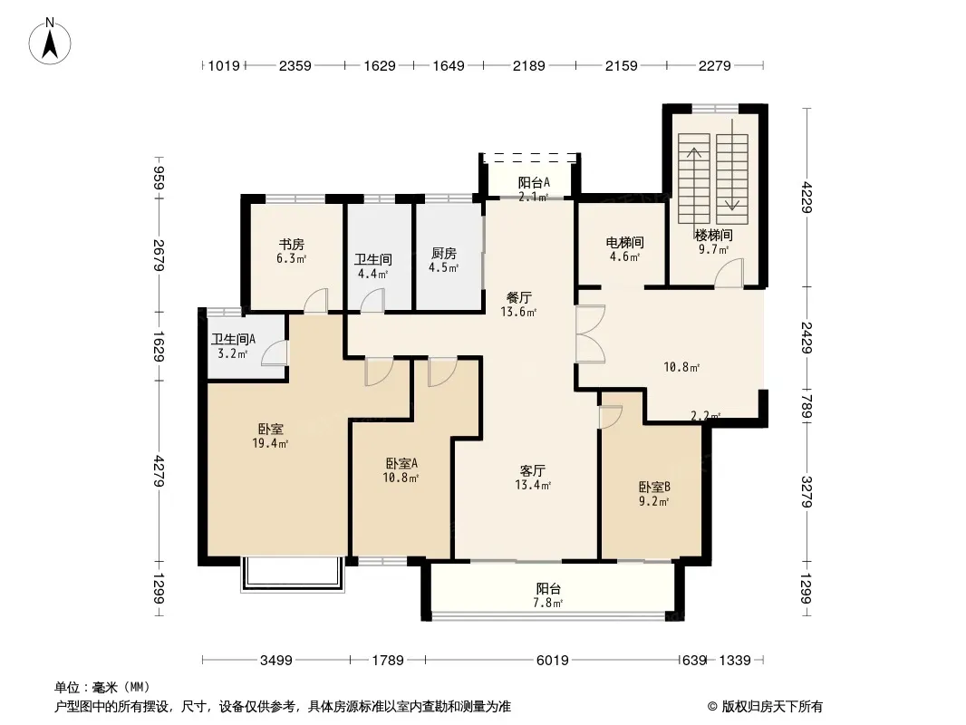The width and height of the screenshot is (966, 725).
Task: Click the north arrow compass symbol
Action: [50, 41]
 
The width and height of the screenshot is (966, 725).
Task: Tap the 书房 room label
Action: [292, 245]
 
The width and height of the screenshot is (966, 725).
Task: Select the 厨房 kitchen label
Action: [443, 253]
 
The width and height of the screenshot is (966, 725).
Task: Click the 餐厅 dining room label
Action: [518, 297]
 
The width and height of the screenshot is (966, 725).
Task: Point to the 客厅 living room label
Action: [532, 470]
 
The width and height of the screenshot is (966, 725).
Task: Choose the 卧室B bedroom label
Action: [654, 488]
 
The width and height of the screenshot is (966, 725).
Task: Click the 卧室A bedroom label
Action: [401, 463]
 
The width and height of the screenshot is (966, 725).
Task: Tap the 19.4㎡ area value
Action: [270, 443]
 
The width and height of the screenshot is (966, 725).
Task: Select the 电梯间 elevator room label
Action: [624, 242]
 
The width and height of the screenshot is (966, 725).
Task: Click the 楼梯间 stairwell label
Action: [713, 235]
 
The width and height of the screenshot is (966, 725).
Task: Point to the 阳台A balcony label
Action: [534, 182]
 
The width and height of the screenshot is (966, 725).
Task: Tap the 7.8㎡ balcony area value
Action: [548, 603]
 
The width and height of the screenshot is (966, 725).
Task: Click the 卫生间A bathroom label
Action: [234, 339]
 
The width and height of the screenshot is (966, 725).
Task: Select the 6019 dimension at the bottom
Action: [552, 661]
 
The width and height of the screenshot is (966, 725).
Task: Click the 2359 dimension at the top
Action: [295, 65]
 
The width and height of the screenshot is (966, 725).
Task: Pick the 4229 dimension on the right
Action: [807, 198]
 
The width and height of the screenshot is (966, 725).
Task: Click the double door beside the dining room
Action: [590, 333]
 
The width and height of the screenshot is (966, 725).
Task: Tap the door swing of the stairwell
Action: [729, 273]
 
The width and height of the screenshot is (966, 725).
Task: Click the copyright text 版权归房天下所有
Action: [772, 707]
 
